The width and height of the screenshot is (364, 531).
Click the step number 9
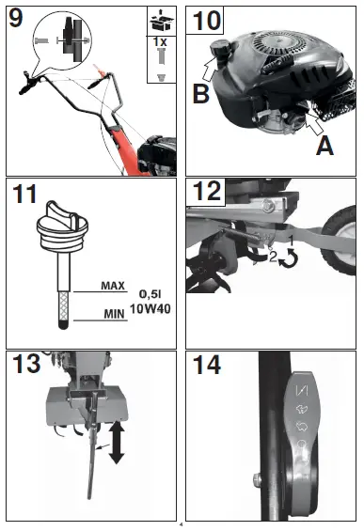coord(16,18)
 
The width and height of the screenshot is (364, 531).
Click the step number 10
coord(206,21)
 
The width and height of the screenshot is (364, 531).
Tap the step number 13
coord(26,364)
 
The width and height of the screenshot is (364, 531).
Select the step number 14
coord(206,365)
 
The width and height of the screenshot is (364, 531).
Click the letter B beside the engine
coord(200,93)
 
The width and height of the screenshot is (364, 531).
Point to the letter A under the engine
coord(324,147)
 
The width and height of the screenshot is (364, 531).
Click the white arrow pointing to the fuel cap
coord(210,69)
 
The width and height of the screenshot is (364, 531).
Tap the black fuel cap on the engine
coord(218,50)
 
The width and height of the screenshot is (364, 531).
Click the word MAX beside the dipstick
coord(113,286)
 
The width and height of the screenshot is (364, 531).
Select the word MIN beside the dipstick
coord(114,314)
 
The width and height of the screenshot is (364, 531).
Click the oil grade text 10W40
coord(150,308)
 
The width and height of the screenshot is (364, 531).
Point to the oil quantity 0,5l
coord(150,294)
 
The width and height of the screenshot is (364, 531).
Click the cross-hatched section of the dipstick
coord(63,306)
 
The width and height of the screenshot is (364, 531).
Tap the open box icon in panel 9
coord(162,21)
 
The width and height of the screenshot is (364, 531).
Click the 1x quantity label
coord(160,42)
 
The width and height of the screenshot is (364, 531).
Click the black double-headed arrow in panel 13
coord(117,443)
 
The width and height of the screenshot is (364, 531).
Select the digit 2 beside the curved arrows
coord(273,257)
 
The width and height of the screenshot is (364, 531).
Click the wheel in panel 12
coord(339,240)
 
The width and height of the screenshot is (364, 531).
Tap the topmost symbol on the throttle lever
coord(302,390)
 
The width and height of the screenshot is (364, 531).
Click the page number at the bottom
coord(181,525)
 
